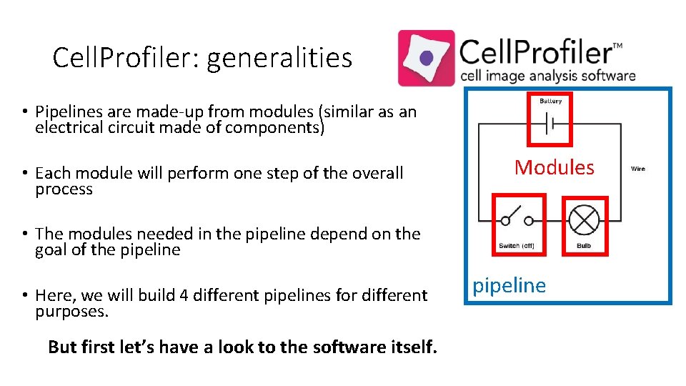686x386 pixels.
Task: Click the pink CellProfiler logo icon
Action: (426, 58)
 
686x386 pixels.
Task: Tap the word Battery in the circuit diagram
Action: (550, 102)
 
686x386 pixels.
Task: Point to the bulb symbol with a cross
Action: (584, 219)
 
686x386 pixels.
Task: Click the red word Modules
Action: (555, 167)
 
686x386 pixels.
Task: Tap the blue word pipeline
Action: (509, 285)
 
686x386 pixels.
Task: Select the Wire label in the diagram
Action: (638, 169)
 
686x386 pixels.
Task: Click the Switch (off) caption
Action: (517, 246)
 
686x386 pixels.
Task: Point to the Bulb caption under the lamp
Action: (584, 246)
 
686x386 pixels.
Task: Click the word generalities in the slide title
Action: (279, 58)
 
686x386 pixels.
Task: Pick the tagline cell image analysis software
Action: (547, 76)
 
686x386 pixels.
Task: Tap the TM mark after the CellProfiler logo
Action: (617, 46)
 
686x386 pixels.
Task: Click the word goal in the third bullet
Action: (53, 250)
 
